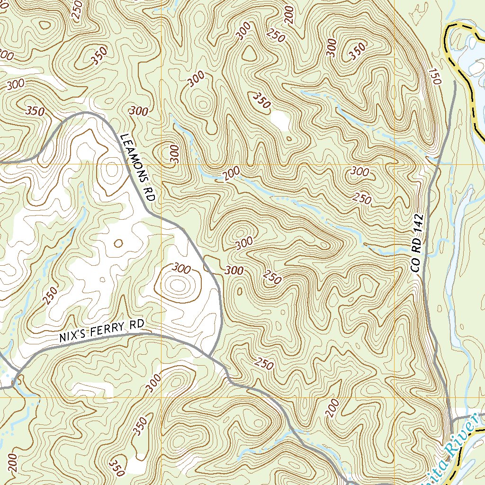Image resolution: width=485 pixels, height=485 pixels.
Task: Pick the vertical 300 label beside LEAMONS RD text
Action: (x=175, y=154)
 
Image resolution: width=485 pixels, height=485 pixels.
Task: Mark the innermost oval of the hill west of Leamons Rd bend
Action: (x=178, y=285)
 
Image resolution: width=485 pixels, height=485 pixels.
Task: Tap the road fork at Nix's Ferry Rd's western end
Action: (x=16, y=377)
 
